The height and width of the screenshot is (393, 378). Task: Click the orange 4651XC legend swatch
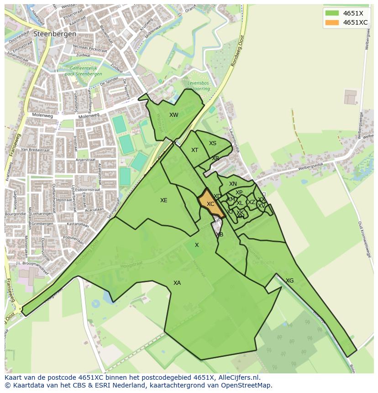point(332,22)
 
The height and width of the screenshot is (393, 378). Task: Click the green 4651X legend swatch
point(332,13)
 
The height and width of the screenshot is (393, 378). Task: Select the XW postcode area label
point(174,115)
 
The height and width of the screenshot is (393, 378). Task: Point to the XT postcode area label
point(195,150)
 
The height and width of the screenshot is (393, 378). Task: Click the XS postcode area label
point(213,143)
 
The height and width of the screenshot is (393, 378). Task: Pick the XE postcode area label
point(164,200)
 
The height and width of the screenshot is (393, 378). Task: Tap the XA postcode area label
point(177,283)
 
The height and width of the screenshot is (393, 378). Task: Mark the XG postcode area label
point(289,281)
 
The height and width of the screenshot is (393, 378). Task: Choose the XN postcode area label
point(233,184)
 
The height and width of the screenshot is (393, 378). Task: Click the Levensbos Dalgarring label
point(199,86)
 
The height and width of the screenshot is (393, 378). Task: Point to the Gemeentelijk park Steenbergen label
point(84,71)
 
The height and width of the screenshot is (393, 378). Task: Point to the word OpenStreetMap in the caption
point(247,385)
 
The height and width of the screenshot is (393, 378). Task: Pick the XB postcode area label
point(220,235)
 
